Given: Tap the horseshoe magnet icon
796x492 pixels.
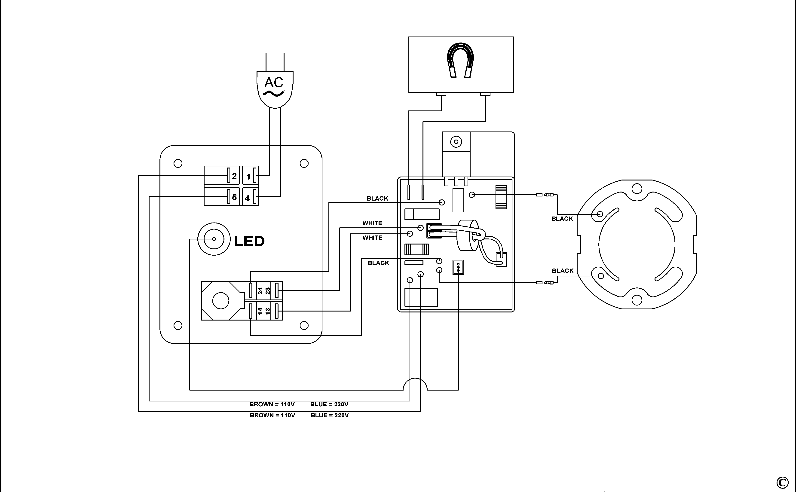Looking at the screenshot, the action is pyautogui.click(x=460, y=61).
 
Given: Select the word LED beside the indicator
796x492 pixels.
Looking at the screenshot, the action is pyautogui.click(x=249, y=241).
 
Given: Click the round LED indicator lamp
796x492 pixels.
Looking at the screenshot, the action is pyautogui.click(x=214, y=239).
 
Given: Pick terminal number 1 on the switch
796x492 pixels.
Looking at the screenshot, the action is pyautogui.click(x=248, y=177).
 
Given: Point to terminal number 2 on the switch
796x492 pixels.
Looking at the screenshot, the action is pyautogui.click(x=234, y=176).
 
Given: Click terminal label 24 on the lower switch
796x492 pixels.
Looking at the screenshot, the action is pyautogui.click(x=260, y=290).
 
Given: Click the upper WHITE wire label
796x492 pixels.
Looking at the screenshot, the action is pyautogui.click(x=372, y=223).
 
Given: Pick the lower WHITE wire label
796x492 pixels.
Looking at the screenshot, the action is pyautogui.click(x=372, y=238).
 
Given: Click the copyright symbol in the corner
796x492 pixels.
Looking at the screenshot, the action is pyautogui.click(x=783, y=483).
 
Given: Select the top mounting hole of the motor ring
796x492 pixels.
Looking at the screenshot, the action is pyautogui.click(x=637, y=188).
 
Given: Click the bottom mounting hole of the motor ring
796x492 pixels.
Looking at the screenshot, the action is pyautogui.click(x=637, y=300).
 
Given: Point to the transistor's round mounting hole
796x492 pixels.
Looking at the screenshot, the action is pyautogui.click(x=456, y=142).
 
